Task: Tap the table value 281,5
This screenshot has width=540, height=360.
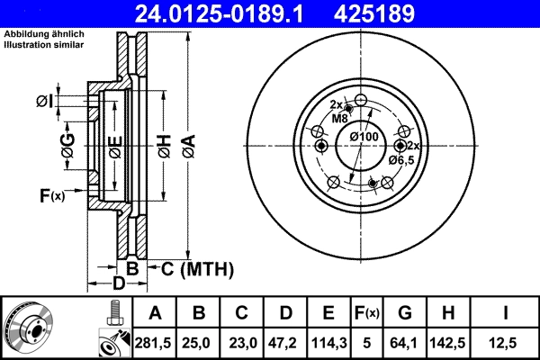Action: click(156, 342)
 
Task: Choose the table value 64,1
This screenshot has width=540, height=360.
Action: click(406, 342)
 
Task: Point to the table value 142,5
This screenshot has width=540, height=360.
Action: click(448, 342)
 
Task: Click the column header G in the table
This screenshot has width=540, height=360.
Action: click(406, 313)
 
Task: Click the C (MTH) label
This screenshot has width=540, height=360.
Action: click(197, 268)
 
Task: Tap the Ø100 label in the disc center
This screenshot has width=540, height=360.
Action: click(363, 136)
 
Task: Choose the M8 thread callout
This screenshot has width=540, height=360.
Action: click(339, 118)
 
